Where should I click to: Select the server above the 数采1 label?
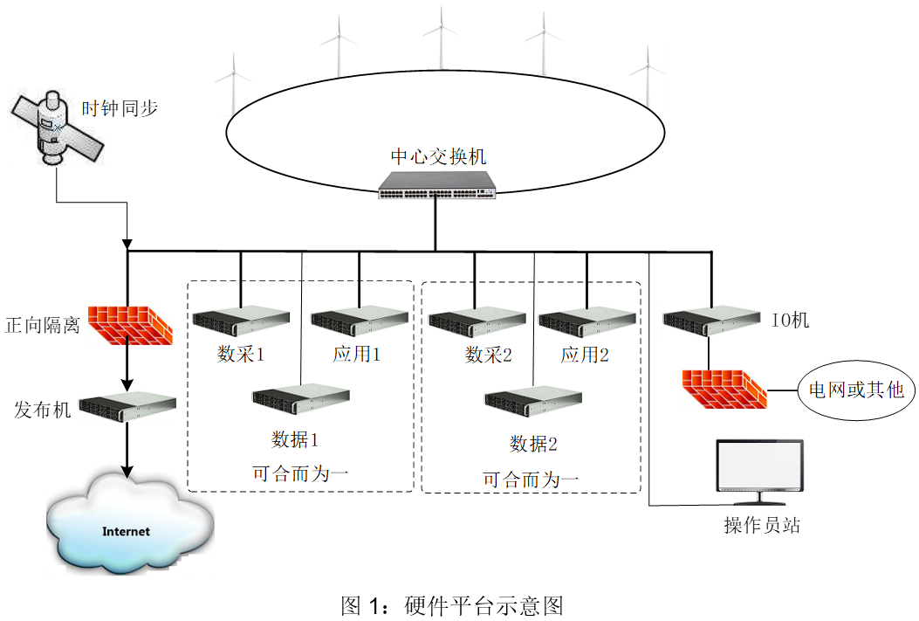pyautogui.click(x=241, y=321)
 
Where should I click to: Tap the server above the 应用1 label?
pyautogui.click(x=359, y=321)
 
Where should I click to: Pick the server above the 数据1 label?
pyautogui.click(x=300, y=399)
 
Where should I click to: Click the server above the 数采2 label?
pyautogui.click(x=477, y=321)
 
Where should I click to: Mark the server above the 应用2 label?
pyautogui.click(x=586, y=321)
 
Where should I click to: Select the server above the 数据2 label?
pyautogui.click(x=533, y=403)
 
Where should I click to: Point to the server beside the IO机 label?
pyautogui.click(x=711, y=321)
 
